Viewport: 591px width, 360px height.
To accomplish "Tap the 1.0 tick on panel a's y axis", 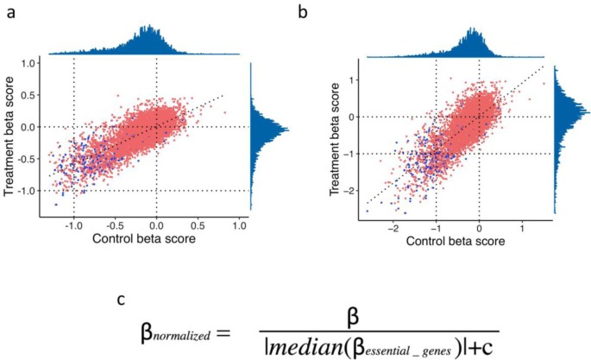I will [28, 63].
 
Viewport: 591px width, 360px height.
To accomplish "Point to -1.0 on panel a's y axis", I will [26, 191].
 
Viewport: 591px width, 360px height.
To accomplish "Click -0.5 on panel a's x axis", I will [114, 224].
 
